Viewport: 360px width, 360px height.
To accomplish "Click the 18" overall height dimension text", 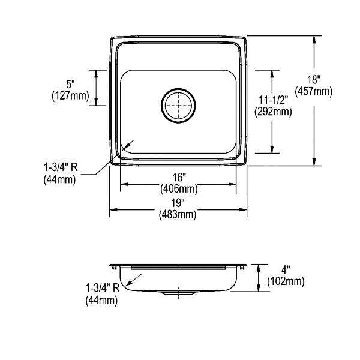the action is (314, 79).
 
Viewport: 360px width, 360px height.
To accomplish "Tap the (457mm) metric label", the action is (314, 91).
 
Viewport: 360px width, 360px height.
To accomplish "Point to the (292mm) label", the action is (273, 112).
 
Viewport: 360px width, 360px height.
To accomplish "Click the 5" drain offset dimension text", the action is (71, 84).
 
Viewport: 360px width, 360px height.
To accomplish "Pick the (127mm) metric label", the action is (70, 96).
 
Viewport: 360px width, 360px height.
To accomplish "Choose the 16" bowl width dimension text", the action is (179, 177).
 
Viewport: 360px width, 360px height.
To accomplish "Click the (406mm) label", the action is (179, 189).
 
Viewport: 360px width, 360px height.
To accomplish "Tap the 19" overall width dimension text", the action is (178, 203).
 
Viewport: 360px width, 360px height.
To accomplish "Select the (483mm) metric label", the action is (178, 215).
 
